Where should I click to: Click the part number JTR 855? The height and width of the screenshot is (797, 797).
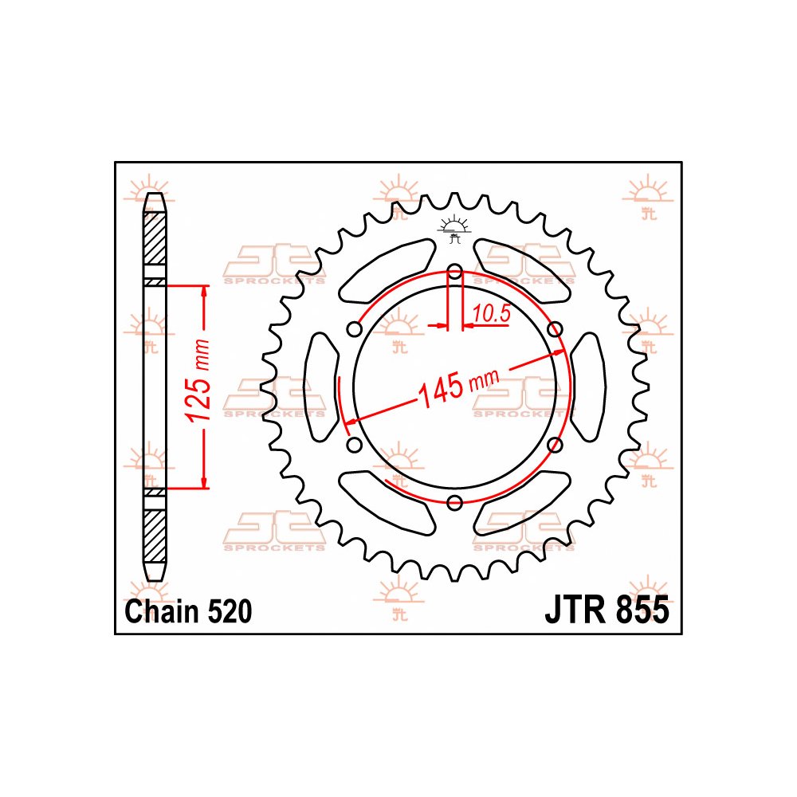coord(607,611)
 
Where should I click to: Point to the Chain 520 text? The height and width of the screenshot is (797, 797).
coord(189,611)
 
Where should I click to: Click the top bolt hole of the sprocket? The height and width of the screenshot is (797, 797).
coord(454,273)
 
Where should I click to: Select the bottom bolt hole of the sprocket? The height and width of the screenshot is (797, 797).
coord(454,502)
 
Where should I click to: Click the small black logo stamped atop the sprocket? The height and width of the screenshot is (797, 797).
coord(454,228)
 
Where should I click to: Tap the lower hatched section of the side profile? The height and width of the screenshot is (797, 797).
coord(155,534)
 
